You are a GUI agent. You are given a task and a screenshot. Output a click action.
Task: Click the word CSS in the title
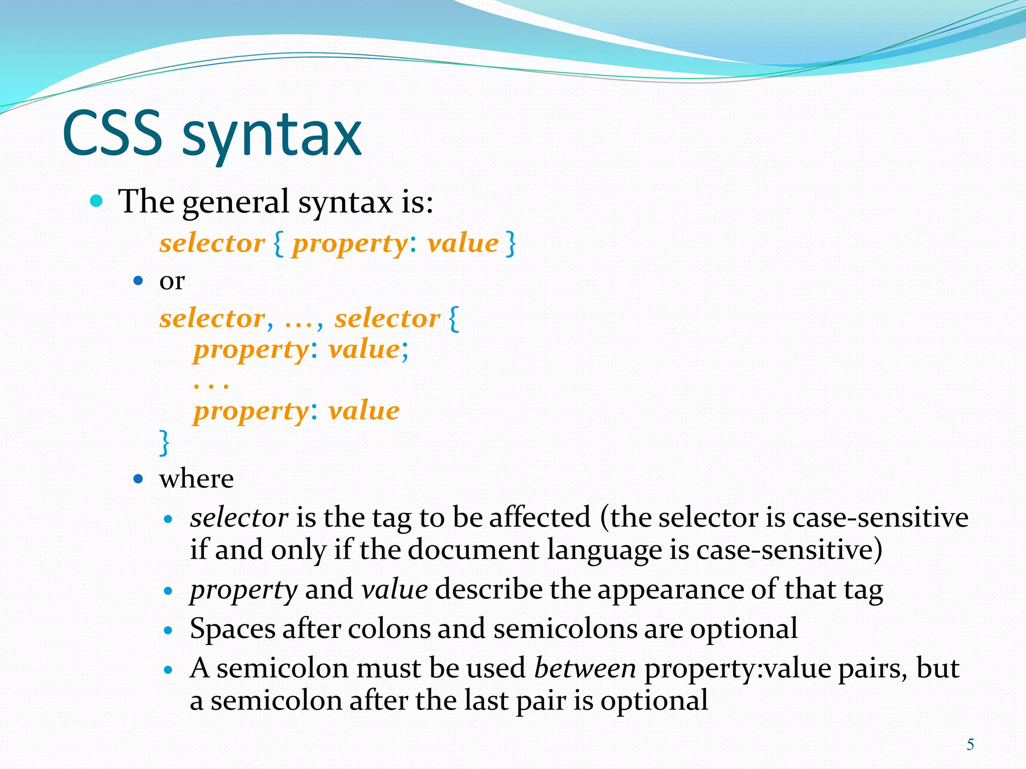[x=112, y=133]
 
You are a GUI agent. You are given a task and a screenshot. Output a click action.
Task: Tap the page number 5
[x=970, y=744]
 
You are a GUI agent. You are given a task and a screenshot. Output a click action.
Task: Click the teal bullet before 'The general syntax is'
[x=96, y=201]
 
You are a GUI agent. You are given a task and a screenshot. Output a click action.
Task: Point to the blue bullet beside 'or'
[x=138, y=280]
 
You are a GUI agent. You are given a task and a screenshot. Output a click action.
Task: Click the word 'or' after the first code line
[x=172, y=281]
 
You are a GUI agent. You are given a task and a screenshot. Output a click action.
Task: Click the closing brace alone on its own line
[x=164, y=442]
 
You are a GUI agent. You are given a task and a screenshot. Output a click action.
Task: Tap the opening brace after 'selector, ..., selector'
[x=453, y=318]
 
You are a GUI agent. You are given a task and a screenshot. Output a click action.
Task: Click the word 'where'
[x=196, y=479]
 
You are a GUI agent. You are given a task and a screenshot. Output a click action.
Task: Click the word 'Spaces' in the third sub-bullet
[x=232, y=629]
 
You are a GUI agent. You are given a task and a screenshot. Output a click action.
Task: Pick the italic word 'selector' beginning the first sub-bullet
[x=239, y=518]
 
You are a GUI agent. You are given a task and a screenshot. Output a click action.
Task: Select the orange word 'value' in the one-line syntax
[x=462, y=244]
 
